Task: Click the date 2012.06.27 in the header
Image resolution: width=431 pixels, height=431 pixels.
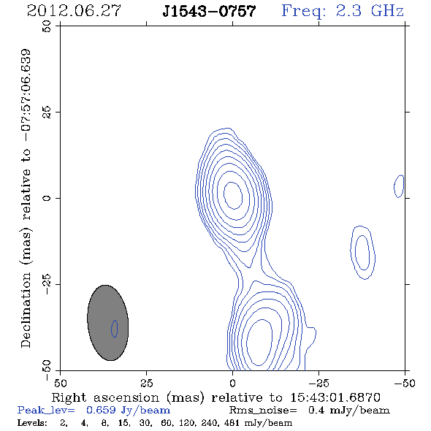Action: click(x=74, y=11)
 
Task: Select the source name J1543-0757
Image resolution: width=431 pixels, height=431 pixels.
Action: click(x=209, y=12)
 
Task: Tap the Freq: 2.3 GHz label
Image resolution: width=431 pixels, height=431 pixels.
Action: click(x=343, y=11)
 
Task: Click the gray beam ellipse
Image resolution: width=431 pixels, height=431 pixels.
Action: click(x=108, y=323)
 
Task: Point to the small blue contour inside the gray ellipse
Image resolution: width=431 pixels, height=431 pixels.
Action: click(x=115, y=329)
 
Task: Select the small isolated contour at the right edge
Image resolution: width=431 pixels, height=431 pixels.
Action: click(x=399, y=186)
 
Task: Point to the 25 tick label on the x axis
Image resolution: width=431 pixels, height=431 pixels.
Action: click(x=146, y=383)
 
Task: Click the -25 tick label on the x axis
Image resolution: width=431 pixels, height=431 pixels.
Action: click(x=319, y=383)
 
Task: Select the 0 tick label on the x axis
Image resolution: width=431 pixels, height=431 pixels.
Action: click(x=232, y=383)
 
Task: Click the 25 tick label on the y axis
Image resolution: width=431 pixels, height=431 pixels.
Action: click(x=47, y=112)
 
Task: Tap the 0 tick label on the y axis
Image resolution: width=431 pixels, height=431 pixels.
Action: click(x=47, y=198)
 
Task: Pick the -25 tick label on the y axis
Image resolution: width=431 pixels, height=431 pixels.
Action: click(x=47, y=284)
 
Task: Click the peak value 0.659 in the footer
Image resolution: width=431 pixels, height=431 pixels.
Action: click(x=101, y=410)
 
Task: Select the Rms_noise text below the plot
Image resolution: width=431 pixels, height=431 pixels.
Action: click(x=263, y=411)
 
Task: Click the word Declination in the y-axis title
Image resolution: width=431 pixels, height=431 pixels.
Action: click(x=26, y=310)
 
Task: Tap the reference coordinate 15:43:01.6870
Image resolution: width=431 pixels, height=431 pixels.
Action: click(x=335, y=397)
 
